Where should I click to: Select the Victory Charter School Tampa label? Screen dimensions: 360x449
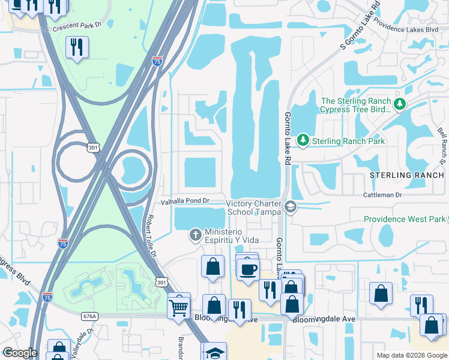254,208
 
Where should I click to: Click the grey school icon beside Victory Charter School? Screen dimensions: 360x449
291,208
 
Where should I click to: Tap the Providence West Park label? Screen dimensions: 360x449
405,220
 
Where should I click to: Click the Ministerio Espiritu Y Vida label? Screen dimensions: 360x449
232,236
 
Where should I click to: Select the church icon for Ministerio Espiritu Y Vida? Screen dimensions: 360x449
195,235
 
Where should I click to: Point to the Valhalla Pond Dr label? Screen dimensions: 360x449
184,201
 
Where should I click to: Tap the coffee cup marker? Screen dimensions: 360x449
247,268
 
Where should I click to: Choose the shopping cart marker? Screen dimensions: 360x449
179,307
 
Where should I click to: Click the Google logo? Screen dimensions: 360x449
20,353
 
